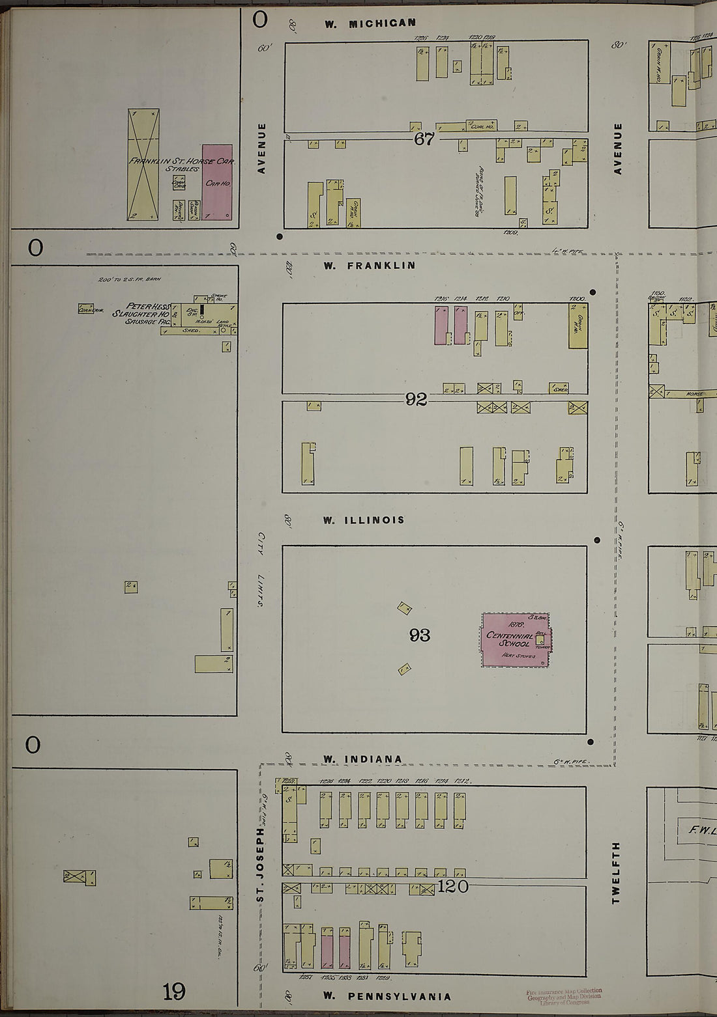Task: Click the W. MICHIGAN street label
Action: pos(370,23)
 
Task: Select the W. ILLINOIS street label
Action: pos(364,520)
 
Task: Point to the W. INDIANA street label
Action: pos(363,759)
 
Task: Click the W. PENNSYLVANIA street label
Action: pos(387,996)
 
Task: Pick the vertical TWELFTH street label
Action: pos(616,872)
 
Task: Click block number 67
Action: pos(424,139)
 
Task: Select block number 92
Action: pos(417,399)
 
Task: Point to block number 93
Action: pos(420,635)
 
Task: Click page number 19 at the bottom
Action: pos(174,992)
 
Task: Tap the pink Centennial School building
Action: pos(515,640)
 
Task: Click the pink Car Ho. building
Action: pos(217,182)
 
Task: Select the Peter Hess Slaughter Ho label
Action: pos(141,313)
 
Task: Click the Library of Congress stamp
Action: pos(564,997)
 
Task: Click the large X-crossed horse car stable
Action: pos(143,164)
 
